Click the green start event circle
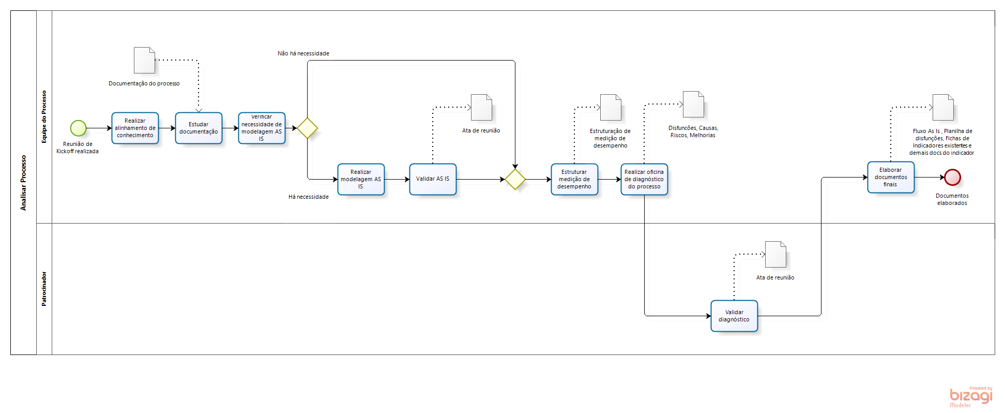[x=78, y=128]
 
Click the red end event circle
[x=952, y=178]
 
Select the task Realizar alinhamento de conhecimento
[x=135, y=128]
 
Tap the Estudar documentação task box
[x=199, y=128]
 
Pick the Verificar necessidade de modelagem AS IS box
[x=262, y=128]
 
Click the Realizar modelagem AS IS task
[x=361, y=179]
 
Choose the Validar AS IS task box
[x=433, y=179]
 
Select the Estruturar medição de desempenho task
[x=574, y=179]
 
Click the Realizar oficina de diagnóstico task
[x=644, y=179]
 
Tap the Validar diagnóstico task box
[x=734, y=316]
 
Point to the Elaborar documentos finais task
[x=891, y=177]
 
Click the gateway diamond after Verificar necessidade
[x=308, y=128]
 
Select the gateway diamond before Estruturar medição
[x=515, y=180]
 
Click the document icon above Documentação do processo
[x=144, y=61]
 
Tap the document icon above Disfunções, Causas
[x=693, y=104]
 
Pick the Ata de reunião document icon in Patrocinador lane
[x=775, y=254]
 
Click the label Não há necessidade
[x=303, y=53]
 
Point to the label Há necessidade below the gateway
[x=309, y=197]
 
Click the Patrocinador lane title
[x=44, y=289]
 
